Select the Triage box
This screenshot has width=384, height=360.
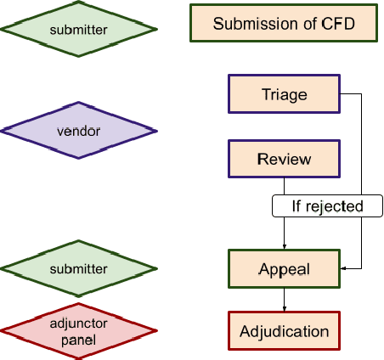[x=284, y=93]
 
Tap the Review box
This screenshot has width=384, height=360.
[x=284, y=160]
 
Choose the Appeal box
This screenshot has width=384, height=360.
[x=284, y=268]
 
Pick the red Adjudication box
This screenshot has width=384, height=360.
[x=284, y=330]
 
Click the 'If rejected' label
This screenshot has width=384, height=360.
[x=327, y=205]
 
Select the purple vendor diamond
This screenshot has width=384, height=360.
[x=79, y=132]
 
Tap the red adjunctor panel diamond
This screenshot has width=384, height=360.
[x=79, y=329]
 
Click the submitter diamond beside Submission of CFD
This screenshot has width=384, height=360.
[x=79, y=30]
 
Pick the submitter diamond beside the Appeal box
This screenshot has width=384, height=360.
[x=79, y=268]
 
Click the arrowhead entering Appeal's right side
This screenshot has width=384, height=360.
[x=343, y=268]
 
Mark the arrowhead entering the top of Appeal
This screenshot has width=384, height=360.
[x=284, y=245]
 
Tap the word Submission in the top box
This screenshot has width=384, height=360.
[x=254, y=23]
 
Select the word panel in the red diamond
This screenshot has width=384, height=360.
[x=79, y=339]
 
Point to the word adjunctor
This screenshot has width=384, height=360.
[x=79, y=323]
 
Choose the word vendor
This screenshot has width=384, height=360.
[x=79, y=132]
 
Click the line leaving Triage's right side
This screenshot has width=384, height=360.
[x=353, y=93]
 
